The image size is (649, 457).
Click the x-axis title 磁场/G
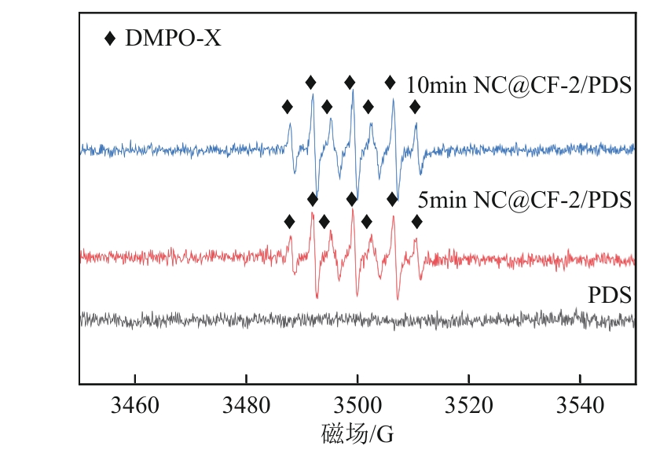click(356, 433)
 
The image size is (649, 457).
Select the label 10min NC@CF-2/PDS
click(519, 87)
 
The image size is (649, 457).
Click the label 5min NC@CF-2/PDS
click(524, 200)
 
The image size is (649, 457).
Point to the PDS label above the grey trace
click(610, 296)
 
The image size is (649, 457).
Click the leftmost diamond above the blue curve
click(288, 106)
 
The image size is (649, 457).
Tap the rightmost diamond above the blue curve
click(415, 106)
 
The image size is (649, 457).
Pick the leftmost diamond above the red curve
click(289, 222)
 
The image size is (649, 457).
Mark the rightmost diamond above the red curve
click(416, 222)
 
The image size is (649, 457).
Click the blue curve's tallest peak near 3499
click(354, 91)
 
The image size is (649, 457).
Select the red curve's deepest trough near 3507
click(398, 299)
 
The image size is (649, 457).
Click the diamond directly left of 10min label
click(390, 82)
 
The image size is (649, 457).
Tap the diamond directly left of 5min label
click(392, 198)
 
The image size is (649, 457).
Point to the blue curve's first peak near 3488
click(290, 123)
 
